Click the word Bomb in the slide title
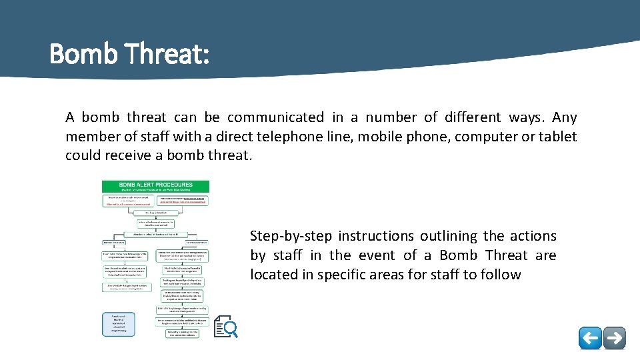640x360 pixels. tap(85, 53)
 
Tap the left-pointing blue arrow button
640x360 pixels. tap(590, 338)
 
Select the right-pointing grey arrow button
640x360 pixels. tap(615, 338)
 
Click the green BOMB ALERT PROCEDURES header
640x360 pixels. tap(155, 187)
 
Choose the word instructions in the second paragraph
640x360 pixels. tap(374, 236)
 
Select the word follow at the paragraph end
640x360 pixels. tap(500, 275)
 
